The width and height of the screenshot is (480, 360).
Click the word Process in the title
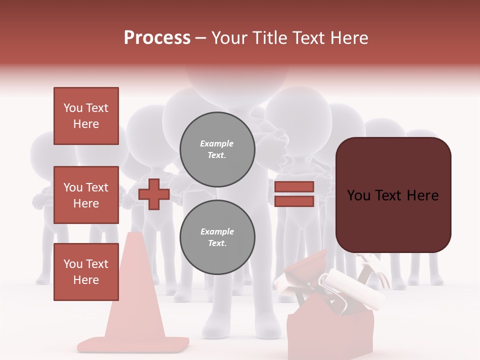pos(157,38)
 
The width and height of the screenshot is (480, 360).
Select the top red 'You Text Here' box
pos(86,116)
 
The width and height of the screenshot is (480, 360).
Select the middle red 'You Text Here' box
pos(86,195)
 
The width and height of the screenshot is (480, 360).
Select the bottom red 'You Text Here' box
pos(86,272)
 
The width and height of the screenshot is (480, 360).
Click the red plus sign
pos(154,194)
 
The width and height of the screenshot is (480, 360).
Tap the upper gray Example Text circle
pos(217,149)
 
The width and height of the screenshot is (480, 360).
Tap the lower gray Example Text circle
pos(217,237)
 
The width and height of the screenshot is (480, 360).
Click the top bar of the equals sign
pos(294,186)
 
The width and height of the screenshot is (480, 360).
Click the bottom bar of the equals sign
pos(294,201)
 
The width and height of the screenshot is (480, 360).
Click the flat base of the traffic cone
pos(133,344)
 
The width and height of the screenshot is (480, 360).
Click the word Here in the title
pos(349,38)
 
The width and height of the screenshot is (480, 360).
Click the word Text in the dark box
pos(392,195)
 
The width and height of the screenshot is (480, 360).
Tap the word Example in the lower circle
pos(217,231)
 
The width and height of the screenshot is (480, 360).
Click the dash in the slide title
pos(201,38)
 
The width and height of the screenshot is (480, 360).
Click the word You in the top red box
pos(72,108)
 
